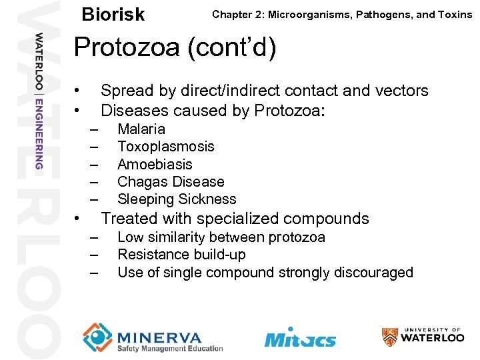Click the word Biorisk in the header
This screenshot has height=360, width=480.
tap(113, 15)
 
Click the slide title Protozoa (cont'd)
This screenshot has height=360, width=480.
tap(175, 49)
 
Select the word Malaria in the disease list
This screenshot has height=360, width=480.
tap(141, 129)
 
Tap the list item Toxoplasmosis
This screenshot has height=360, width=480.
tap(165, 147)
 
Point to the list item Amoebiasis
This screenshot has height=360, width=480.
tap(155, 164)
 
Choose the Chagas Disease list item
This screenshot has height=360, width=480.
tap(171, 181)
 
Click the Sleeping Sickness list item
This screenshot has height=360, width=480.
tap(177, 199)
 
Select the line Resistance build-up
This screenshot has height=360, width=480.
tap(181, 255)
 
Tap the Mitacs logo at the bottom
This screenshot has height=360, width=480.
tap(300, 338)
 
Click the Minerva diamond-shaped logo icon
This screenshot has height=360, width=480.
tap(97, 337)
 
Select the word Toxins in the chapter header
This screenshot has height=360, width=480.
tap(453, 14)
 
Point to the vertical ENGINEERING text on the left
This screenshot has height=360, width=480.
tap(39, 133)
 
